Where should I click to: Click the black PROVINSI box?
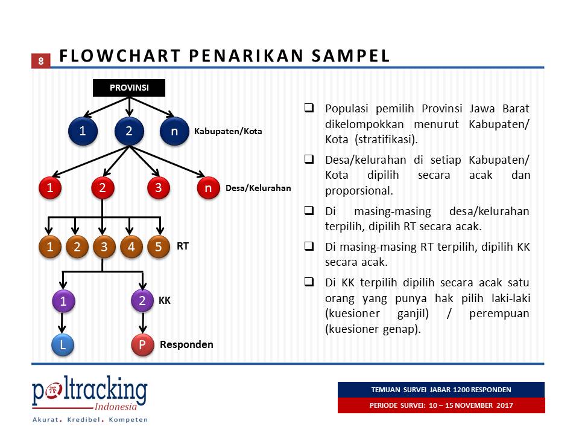[129, 88]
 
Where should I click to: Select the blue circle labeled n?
[174, 130]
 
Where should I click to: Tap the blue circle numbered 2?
[129, 130]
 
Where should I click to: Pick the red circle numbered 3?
[158, 188]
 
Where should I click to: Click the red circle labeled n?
[208, 188]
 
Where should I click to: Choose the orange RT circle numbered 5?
[158, 246]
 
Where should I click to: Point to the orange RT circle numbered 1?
[50, 246]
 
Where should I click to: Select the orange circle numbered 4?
[131, 246]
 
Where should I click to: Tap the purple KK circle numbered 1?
[63, 300]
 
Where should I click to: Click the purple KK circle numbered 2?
[142, 300]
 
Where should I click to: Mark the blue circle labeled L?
[63, 344]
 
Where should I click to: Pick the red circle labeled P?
[142, 344]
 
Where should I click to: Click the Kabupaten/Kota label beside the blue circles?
[228, 131]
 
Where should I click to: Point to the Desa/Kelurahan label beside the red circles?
[258, 188]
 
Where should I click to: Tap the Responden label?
[186, 344]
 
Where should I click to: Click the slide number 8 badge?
[40, 61]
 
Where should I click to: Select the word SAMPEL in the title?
[350, 56]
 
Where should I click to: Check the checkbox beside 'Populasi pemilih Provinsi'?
[308, 109]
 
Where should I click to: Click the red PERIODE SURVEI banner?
[441, 405]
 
